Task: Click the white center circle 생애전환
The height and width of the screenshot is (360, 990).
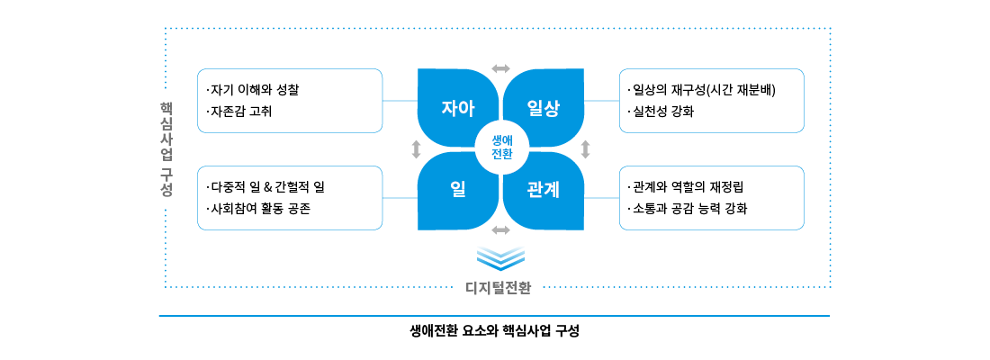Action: click(500, 147)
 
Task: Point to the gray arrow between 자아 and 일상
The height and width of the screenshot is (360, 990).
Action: click(500, 67)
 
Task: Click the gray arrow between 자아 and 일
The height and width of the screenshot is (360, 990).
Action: click(415, 148)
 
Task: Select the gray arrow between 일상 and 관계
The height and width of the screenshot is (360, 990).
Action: click(585, 148)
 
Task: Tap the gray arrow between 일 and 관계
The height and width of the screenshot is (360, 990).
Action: click(500, 229)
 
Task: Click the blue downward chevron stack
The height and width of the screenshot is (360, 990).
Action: click(500, 257)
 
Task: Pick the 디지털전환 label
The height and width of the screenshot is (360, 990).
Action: click(499, 288)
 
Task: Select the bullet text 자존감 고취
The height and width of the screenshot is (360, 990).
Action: click(241, 112)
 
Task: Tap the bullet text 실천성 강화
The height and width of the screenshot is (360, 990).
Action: click(665, 112)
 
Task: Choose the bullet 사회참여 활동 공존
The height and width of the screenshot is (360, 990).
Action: click(261, 209)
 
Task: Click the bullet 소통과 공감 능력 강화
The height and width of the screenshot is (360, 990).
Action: click(689, 209)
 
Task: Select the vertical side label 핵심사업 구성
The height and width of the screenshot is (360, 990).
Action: click(166, 148)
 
